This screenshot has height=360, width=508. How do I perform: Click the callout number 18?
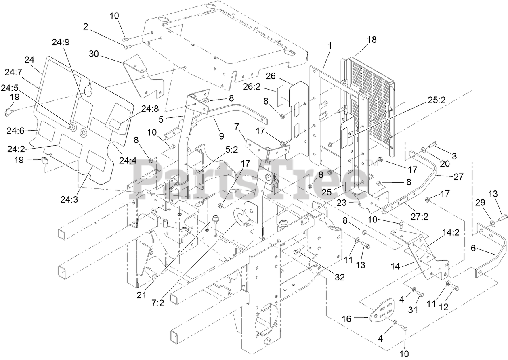click(x=372, y=39)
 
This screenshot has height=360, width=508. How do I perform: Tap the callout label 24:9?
click(x=61, y=42)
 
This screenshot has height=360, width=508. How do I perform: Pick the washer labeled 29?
click(x=492, y=222)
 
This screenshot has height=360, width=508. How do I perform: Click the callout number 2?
click(x=86, y=27)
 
